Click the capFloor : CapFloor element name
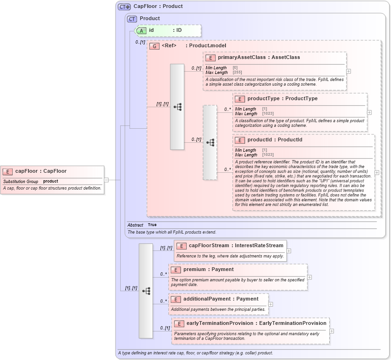coord(41,171)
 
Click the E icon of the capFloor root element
coord(8,171)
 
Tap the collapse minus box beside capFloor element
coord(106,179)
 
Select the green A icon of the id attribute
coord(141,30)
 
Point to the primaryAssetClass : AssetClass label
coord(259,58)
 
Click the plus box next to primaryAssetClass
coord(348,71)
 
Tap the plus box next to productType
coord(369,112)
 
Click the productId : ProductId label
coord(275,140)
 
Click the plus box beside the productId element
coord(377,172)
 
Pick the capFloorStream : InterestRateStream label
coord(236,246)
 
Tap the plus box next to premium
coord(309,277)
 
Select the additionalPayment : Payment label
coord(221,299)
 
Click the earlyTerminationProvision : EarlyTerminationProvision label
coord(256,323)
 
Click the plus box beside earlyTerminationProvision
coord(332,331)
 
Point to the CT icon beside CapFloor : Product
coord(124,7)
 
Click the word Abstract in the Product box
coord(135,225)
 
